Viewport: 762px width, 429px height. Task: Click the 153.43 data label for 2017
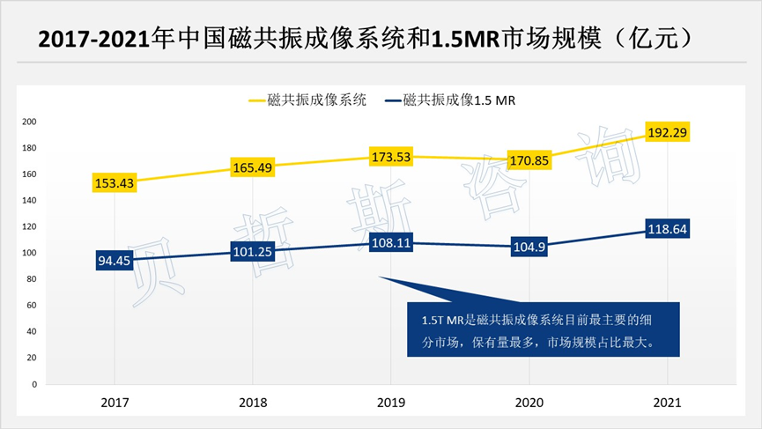tap(115, 183)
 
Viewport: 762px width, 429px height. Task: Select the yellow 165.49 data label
tap(253, 167)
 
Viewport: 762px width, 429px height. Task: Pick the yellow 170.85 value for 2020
tap(529, 160)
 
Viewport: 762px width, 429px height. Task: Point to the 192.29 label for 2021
tap(667, 132)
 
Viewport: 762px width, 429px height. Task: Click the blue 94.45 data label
tap(115, 261)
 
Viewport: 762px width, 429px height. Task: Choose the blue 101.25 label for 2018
tap(253, 252)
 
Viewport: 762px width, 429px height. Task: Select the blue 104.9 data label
tap(529, 248)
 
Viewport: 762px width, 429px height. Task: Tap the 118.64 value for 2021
tap(667, 229)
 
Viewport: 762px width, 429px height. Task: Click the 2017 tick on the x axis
tap(115, 402)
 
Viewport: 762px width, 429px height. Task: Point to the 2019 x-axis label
tap(390, 402)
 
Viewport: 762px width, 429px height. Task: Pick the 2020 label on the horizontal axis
tap(529, 402)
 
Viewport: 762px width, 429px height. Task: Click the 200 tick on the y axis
tap(30, 122)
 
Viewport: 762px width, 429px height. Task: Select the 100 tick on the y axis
tap(30, 253)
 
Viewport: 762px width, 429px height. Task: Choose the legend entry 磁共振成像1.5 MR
tap(458, 100)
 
